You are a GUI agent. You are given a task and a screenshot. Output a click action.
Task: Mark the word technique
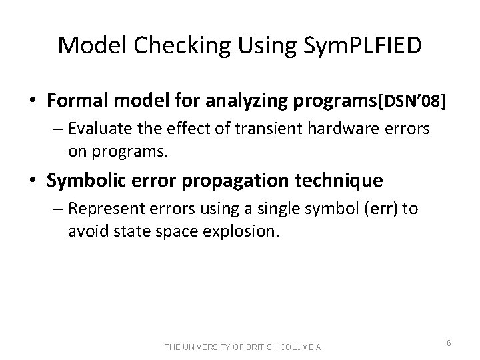pos(337,180)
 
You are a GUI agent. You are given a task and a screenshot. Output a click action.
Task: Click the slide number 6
pos(449,343)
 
